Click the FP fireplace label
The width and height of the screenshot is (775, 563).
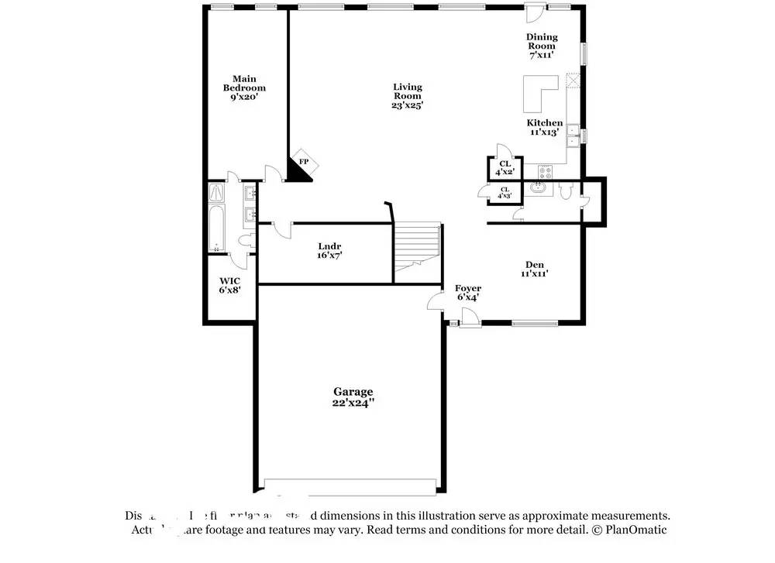click(305, 161)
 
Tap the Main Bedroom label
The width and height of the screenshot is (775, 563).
click(244, 88)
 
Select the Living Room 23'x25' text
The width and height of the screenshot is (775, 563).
click(407, 96)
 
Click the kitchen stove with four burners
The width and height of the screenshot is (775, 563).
click(545, 172)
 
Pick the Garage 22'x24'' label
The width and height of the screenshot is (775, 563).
click(353, 397)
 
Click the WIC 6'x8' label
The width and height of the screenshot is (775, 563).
click(229, 285)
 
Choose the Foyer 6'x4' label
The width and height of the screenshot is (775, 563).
click(468, 292)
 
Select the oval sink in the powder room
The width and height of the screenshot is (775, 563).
click(537, 188)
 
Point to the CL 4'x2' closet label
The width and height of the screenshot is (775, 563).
click(505, 168)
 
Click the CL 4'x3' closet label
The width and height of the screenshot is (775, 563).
click(505, 193)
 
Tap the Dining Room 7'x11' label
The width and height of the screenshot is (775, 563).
click(542, 46)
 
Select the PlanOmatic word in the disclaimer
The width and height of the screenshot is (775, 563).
click(638, 530)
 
